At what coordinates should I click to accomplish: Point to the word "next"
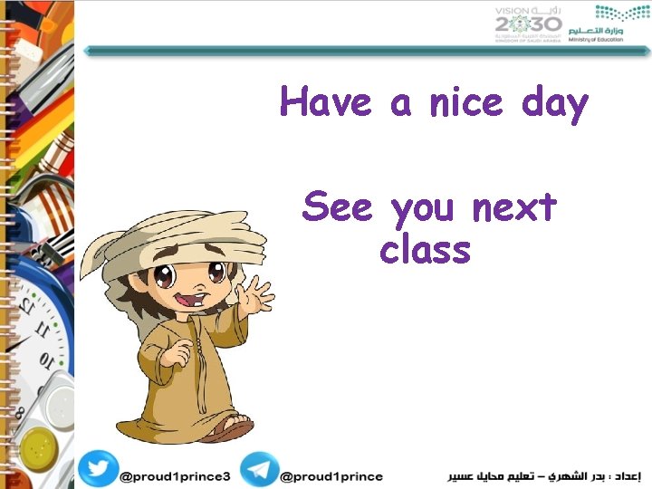(x=513, y=208)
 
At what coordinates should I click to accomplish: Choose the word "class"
(x=426, y=249)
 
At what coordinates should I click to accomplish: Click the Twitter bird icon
(x=97, y=469)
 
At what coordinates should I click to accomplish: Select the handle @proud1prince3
(x=176, y=476)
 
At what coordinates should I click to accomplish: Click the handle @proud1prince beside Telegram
(x=331, y=476)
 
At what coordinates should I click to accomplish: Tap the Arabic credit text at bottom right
(x=544, y=475)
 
